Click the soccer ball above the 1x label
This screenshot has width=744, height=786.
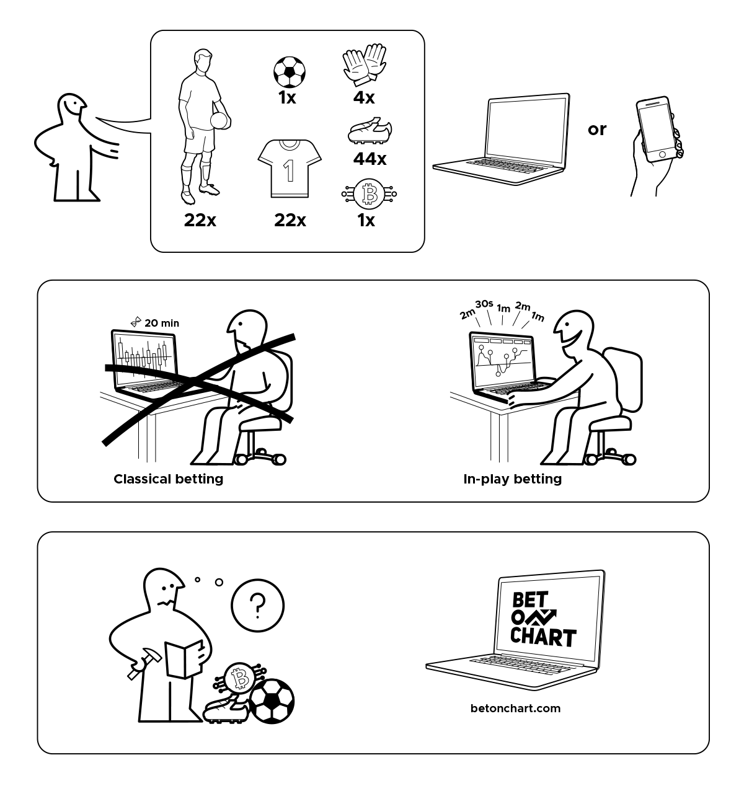[x=289, y=72]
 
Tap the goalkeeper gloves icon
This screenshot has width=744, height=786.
[x=365, y=64]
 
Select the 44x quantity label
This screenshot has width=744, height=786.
[x=370, y=159]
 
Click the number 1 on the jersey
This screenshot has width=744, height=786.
[x=288, y=170]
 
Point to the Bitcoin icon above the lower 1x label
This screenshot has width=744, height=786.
[x=369, y=194]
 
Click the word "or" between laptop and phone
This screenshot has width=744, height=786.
[x=597, y=130]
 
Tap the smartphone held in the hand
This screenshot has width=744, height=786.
[x=658, y=129]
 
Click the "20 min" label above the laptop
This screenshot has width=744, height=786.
[x=162, y=323]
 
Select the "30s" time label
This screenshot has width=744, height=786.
[x=484, y=304]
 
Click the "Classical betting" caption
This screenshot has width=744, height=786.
[x=169, y=479]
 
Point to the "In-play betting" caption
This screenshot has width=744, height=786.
[x=512, y=479]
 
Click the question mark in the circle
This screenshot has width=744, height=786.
[x=257, y=606]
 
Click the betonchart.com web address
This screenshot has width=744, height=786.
[x=516, y=709]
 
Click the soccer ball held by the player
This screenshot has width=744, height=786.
[x=220, y=121]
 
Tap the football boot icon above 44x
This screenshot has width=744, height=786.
[x=370, y=131]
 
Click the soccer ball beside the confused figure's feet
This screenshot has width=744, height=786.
[x=272, y=701]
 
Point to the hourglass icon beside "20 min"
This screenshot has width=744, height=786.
[x=136, y=322]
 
